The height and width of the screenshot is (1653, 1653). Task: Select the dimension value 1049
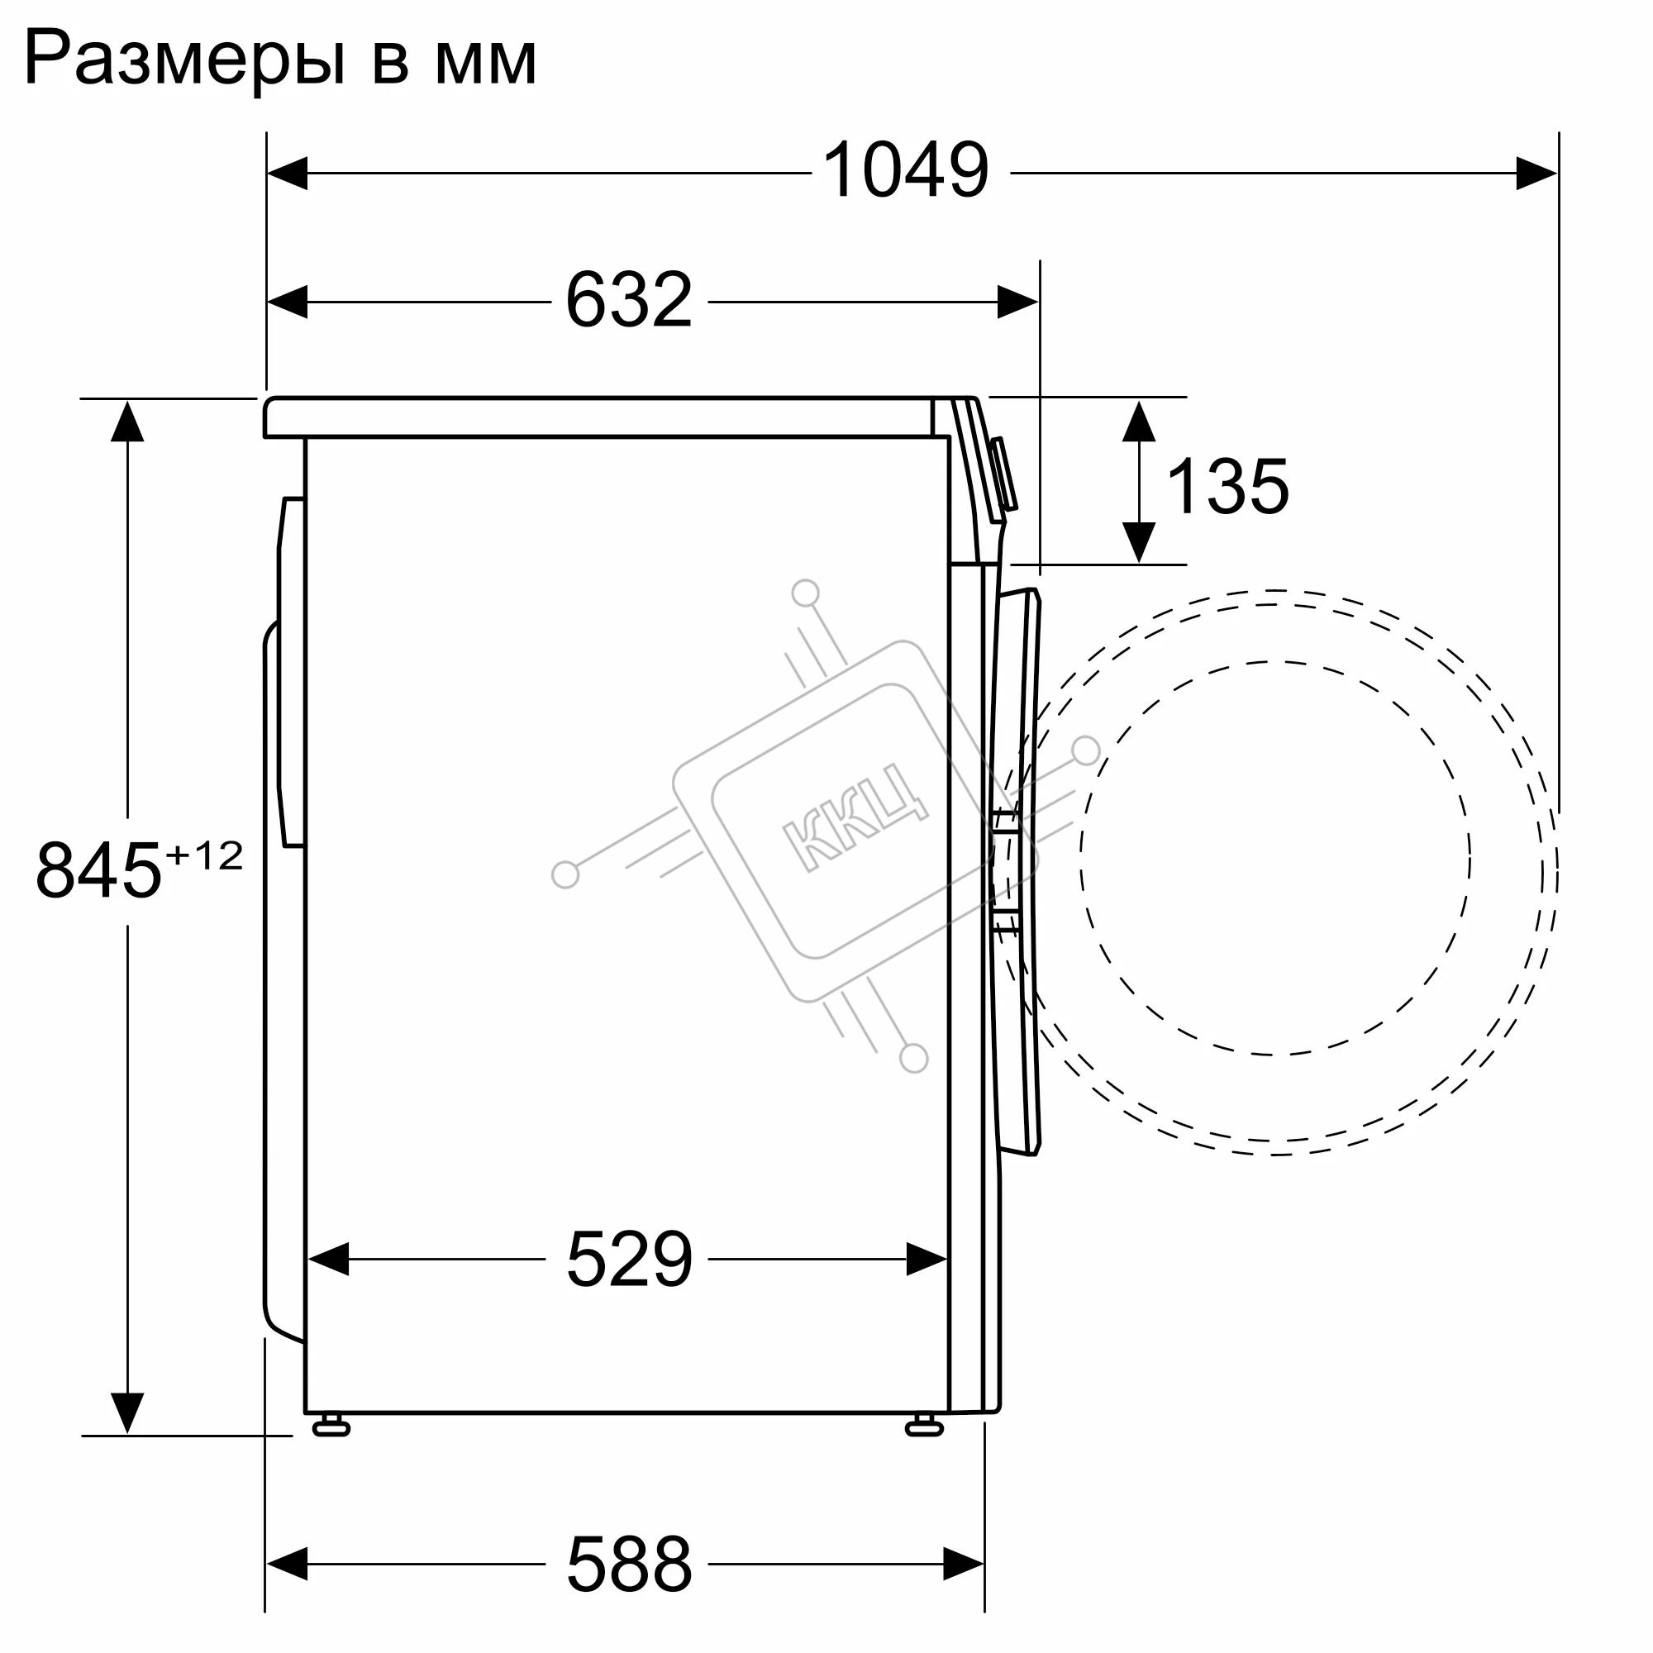pos(906,171)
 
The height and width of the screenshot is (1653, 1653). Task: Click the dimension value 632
pos(629,299)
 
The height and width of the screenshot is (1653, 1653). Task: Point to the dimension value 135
pos(1228,486)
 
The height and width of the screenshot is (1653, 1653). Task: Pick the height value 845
pos(99,870)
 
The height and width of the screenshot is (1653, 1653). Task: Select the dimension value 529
pos(630,1259)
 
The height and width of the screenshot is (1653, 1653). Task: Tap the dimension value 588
pos(630,1563)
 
